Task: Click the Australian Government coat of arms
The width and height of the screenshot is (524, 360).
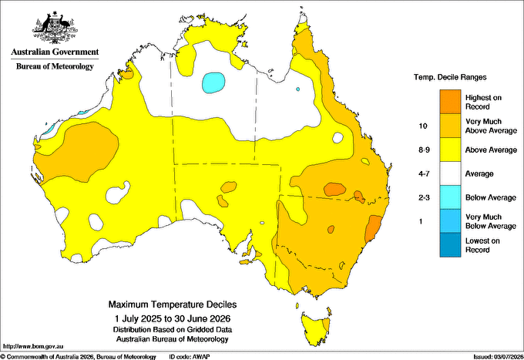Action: click(55, 28)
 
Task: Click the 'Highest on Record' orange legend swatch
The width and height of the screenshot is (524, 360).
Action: click(450, 102)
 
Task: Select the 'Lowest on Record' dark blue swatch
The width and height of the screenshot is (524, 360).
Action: click(450, 245)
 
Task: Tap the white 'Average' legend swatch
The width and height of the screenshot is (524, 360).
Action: click(450, 173)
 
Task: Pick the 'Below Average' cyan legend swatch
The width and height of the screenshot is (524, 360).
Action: click(450, 197)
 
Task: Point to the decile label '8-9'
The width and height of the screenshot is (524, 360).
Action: click(424, 150)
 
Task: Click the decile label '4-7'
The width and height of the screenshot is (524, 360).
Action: click(424, 173)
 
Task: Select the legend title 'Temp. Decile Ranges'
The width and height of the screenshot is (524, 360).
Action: click(450, 77)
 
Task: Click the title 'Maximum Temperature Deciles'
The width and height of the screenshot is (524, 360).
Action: click(173, 304)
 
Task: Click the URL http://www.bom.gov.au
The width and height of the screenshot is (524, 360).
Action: click(32, 346)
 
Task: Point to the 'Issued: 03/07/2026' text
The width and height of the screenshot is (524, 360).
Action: click(498, 357)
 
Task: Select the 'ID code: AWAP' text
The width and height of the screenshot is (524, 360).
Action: click(190, 357)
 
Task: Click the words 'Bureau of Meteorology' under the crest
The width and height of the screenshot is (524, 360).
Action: click(55, 66)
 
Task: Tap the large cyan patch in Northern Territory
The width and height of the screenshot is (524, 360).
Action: click(213, 82)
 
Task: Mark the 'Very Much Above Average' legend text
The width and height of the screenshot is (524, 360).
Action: click(491, 126)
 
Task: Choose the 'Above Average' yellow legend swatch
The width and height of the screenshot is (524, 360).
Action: click(450, 150)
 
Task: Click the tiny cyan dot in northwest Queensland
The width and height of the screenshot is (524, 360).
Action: click(297, 89)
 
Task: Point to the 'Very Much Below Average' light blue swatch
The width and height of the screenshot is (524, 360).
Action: click(450, 221)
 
